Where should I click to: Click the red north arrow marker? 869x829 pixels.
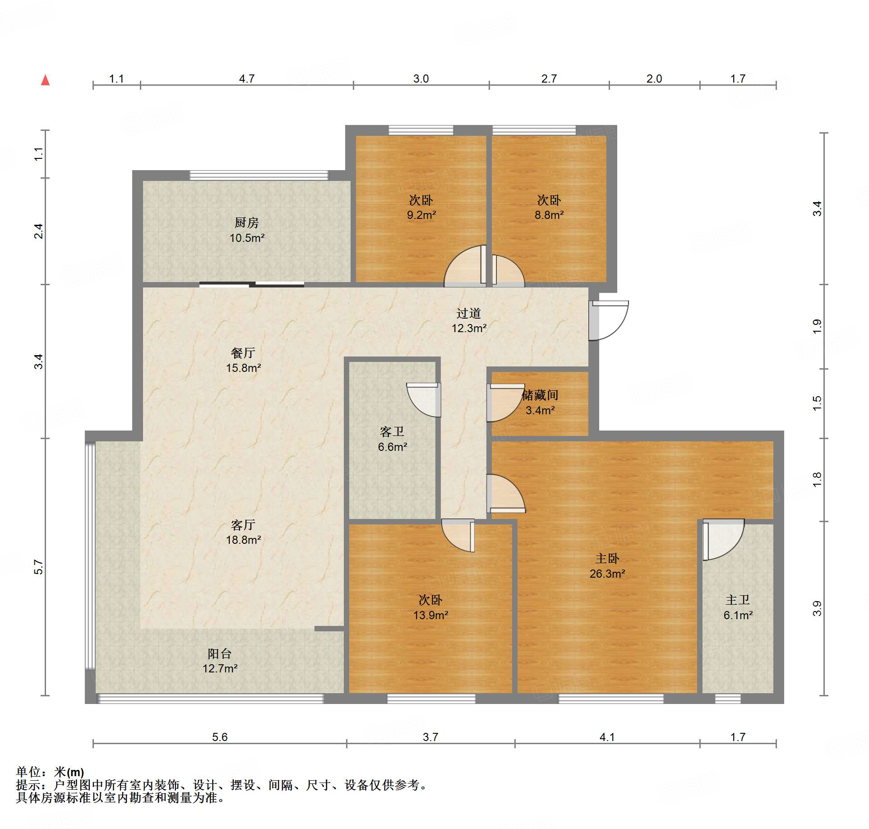(x=45, y=80)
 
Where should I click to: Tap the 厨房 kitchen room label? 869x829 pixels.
(x=246, y=222)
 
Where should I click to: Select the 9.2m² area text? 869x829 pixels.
(x=421, y=215)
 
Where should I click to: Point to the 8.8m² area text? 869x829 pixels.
(x=549, y=215)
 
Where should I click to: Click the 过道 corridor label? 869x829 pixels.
(x=469, y=313)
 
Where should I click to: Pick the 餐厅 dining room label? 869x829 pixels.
(x=243, y=353)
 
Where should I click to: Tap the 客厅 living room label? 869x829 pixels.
(x=243, y=525)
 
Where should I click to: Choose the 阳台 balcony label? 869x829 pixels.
(x=220, y=653)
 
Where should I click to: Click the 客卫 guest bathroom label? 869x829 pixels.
(x=392, y=432)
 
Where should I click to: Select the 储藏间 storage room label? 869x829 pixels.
(x=540, y=395)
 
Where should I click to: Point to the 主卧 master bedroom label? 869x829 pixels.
(x=607, y=559)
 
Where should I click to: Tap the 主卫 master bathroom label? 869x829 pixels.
(x=738, y=600)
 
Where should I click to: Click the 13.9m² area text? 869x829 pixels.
(x=431, y=615)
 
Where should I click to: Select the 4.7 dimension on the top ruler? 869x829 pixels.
(x=247, y=79)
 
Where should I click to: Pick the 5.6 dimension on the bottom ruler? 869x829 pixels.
(x=220, y=737)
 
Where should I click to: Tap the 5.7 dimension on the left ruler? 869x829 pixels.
(x=39, y=567)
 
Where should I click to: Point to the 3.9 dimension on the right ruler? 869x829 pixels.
(x=817, y=608)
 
